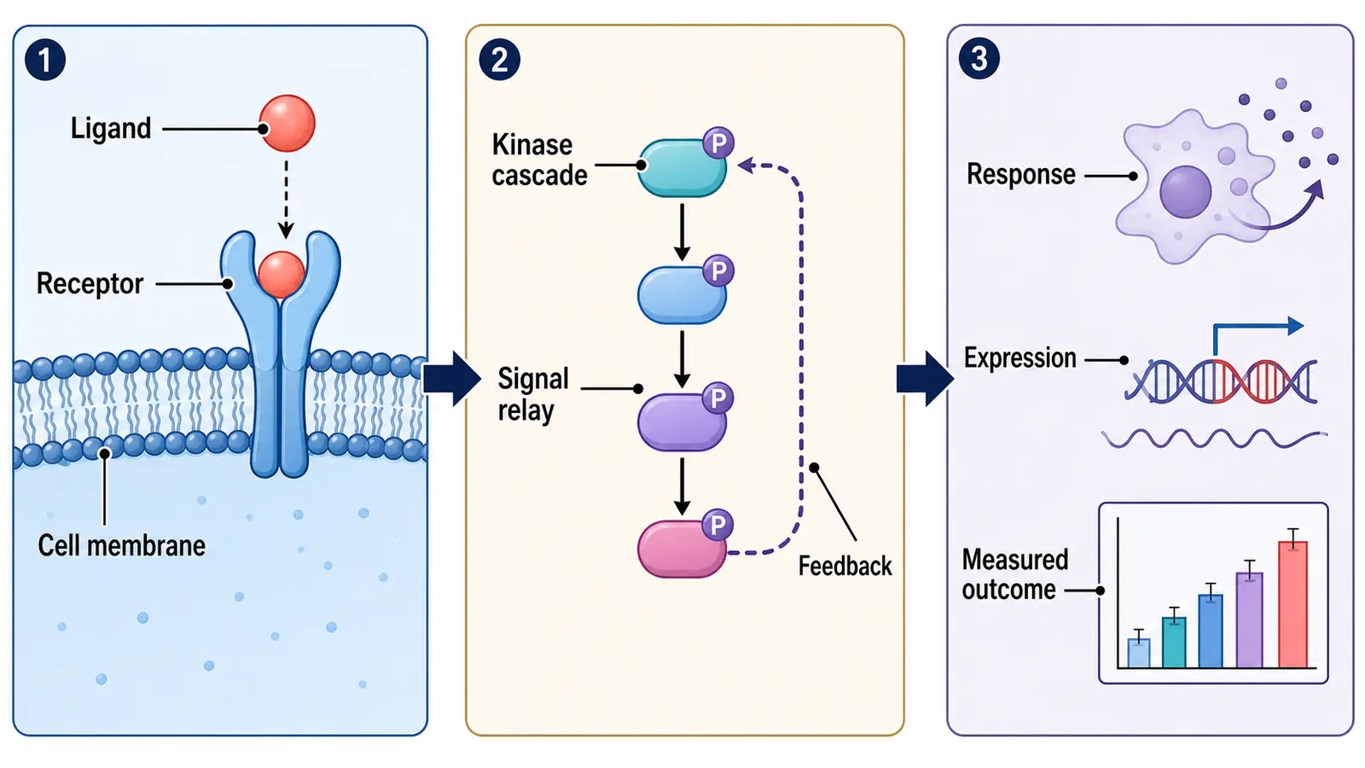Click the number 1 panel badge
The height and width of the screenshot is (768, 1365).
pyautogui.click(x=45, y=60)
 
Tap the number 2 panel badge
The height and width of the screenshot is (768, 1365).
pyautogui.click(x=499, y=60)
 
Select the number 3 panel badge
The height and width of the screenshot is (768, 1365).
pyautogui.click(x=979, y=59)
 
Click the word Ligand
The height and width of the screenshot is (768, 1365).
pyautogui.click(x=111, y=129)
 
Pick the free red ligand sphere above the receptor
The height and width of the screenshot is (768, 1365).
pyautogui.click(x=287, y=123)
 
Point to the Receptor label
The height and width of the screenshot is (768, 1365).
pyautogui.click(x=90, y=283)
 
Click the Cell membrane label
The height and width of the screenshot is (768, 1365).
pyautogui.click(x=121, y=545)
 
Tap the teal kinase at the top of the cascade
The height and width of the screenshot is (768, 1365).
pyautogui.click(x=682, y=168)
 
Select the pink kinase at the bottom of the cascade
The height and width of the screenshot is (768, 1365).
pyautogui.click(x=682, y=549)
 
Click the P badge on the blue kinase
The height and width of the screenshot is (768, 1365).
pyautogui.click(x=717, y=271)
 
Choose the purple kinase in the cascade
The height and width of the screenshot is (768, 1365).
pyautogui.click(x=682, y=422)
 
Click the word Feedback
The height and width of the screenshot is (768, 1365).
pyautogui.click(x=845, y=567)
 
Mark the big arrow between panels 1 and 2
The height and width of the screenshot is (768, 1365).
pyautogui.click(x=452, y=379)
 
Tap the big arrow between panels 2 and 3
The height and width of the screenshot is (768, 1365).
pyautogui.click(x=925, y=379)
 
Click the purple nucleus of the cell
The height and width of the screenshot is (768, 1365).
pyautogui.click(x=1185, y=191)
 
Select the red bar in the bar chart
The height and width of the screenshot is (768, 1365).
pyautogui.click(x=1292, y=604)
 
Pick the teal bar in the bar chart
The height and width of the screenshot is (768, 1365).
pyautogui.click(x=1174, y=643)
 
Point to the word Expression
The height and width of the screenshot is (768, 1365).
pyautogui.click(x=1019, y=358)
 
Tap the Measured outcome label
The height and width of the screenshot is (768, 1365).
pyautogui.click(x=1014, y=575)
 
